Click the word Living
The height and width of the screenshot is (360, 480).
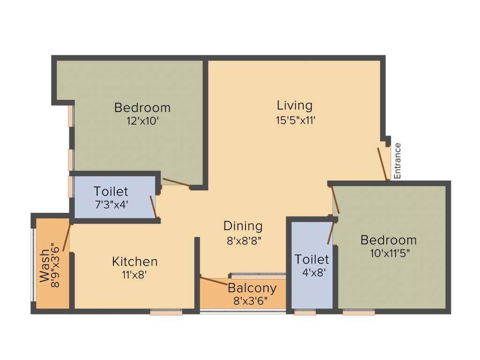294,105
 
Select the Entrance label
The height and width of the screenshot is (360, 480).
397,161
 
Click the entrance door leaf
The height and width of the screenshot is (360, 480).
383,164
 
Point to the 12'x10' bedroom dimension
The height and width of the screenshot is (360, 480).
142,121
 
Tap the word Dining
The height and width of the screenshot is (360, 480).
242,226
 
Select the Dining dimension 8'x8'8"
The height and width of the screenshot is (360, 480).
242,241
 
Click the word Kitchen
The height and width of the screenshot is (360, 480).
135,261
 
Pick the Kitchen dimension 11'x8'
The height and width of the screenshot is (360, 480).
135,276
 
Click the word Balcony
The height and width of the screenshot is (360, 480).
252,288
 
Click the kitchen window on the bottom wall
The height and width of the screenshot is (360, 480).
166,312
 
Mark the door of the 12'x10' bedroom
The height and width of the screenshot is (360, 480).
176,183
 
